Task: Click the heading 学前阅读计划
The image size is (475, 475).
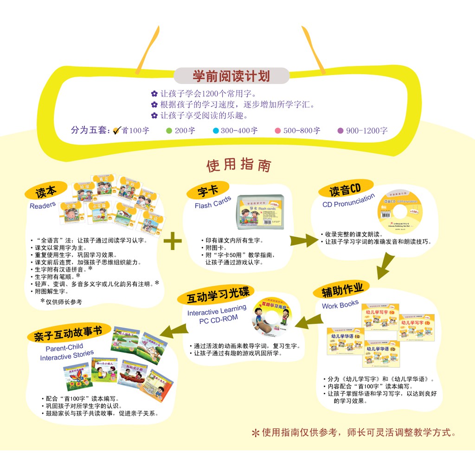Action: click(231, 76)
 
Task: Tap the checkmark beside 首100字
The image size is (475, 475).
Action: click(117, 130)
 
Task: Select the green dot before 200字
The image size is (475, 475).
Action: click(169, 130)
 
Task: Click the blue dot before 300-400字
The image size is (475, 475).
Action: click(215, 130)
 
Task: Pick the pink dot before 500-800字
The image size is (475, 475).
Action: click(278, 130)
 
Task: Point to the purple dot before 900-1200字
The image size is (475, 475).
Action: click(340, 130)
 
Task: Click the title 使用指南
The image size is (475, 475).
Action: click(238, 165)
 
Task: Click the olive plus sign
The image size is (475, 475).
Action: click(173, 241)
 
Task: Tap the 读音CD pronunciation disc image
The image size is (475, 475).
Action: click(400, 212)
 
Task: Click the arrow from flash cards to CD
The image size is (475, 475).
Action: click(303, 240)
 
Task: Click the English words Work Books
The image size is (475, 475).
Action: click(340, 305)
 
